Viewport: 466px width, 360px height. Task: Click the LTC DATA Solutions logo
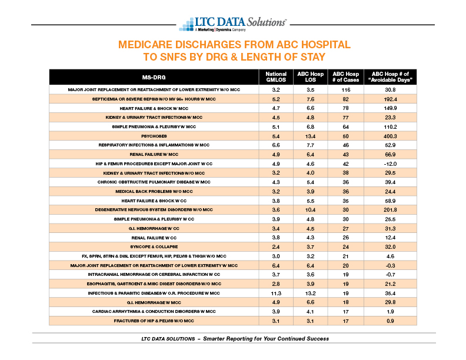pos(232,24)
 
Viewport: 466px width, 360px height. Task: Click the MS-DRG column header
pos(154,77)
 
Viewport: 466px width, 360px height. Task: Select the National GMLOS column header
pos(276,77)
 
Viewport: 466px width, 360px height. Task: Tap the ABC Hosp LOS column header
pos(310,77)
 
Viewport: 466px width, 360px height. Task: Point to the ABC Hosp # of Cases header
pos(345,77)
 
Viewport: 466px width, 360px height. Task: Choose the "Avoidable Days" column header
pos(390,77)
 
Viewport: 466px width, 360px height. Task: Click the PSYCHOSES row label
pos(154,136)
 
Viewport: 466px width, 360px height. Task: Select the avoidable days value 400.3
pos(390,136)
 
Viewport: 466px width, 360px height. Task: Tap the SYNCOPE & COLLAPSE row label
pos(154,247)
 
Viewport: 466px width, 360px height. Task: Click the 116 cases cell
pos(345,89)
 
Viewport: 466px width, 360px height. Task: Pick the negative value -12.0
pos(390,164)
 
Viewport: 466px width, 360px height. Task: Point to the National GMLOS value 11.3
pos(276,293)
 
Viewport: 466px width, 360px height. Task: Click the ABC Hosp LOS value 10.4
pos(310,209)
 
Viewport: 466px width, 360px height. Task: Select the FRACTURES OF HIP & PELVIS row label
pos(154,321)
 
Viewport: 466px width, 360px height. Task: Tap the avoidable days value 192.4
pos(390,99)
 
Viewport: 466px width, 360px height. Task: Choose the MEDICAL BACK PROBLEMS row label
pos(154,192)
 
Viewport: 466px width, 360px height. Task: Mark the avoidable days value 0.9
pos(390,321)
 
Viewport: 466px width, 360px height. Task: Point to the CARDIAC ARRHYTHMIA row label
pos(154,312)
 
